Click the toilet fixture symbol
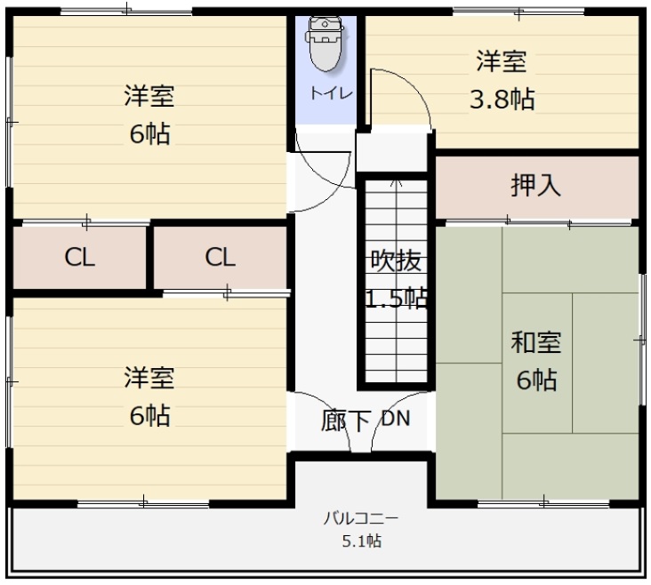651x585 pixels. point(325,44)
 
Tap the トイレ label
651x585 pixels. point(331,93)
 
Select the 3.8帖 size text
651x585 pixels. point(502,100)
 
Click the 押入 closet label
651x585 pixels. point(535,185)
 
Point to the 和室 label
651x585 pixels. point(536,342)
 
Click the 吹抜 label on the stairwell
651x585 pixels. point(396,260)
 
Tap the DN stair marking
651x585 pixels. point(396,419)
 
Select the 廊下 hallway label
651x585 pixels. point(345,421)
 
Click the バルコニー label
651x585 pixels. point(361,519)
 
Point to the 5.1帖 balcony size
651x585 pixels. point(362,541)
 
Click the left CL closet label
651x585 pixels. point(80,258)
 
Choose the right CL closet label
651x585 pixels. point(220,258)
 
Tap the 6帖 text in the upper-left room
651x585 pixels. point(149,134)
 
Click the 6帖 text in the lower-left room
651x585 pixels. point(149,415)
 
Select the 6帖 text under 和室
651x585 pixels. point(536,380)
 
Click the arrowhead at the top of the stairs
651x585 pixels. point(397,181)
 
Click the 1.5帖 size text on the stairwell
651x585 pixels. point(396,298)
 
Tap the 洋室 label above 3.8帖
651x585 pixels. point(501,61)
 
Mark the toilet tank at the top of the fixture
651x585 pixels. point(325,25)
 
